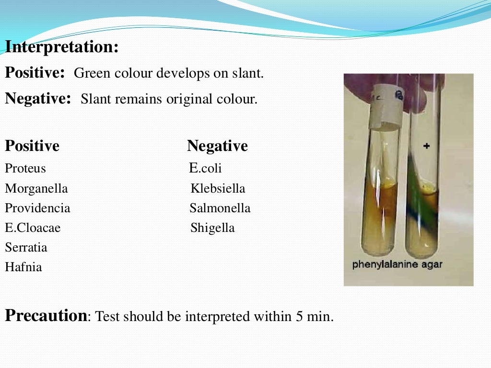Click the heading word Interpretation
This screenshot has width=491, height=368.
(x=61, y=47)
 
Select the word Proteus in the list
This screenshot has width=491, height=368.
(x=25, y=169)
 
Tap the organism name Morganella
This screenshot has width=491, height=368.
(x=36, y=189)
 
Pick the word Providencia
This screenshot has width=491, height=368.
(x=37, y=208)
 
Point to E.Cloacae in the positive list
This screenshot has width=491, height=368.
(x=33, y=228)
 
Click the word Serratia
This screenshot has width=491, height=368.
(x=26, y=248)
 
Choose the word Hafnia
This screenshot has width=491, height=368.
(x=23, y=267)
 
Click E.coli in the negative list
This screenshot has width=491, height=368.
(x=205, y=169)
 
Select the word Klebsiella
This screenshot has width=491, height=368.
(x=218, y=189)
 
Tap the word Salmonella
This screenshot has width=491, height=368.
(x=220, y=208)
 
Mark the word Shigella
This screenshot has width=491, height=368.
(x=212, y=228)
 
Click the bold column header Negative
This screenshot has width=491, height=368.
(x=217, y=146)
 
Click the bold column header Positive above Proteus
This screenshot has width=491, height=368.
(x=32, y=146)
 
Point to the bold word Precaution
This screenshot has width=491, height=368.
(x=46, y=316)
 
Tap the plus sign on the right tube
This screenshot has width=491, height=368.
(x=426, y=146)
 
